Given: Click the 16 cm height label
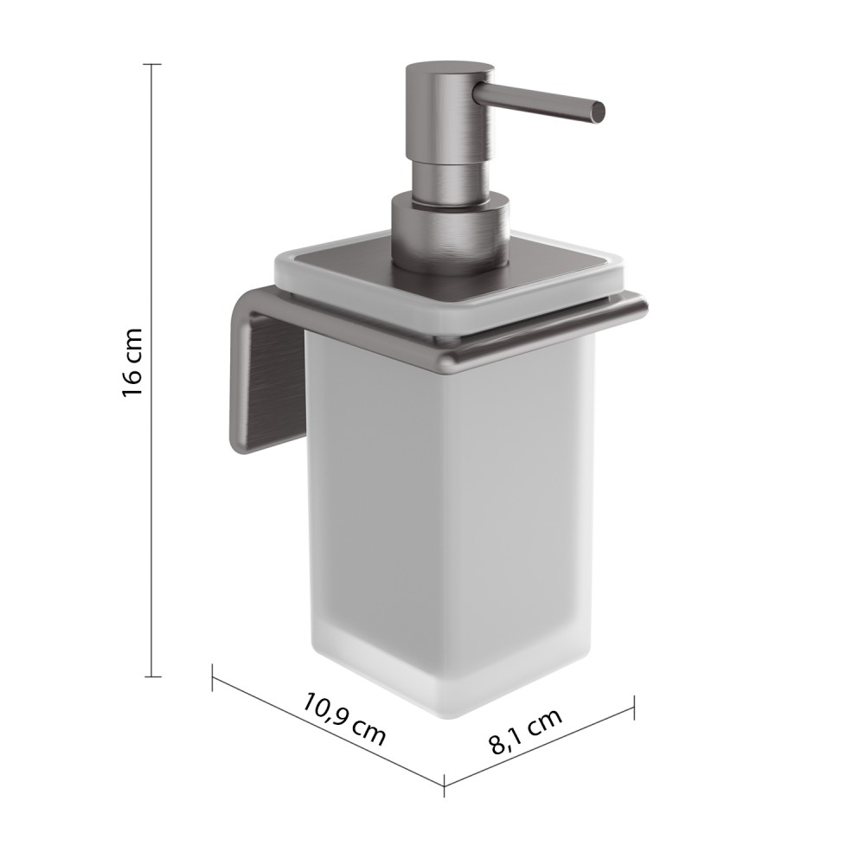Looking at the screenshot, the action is pos(132,362).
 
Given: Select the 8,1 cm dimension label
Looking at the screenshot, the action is pos(526,730).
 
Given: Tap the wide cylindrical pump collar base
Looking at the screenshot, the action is pos(450,232).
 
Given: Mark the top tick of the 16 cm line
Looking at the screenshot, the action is pos(152,65).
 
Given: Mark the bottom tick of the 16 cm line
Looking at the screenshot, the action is pos(152,676).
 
